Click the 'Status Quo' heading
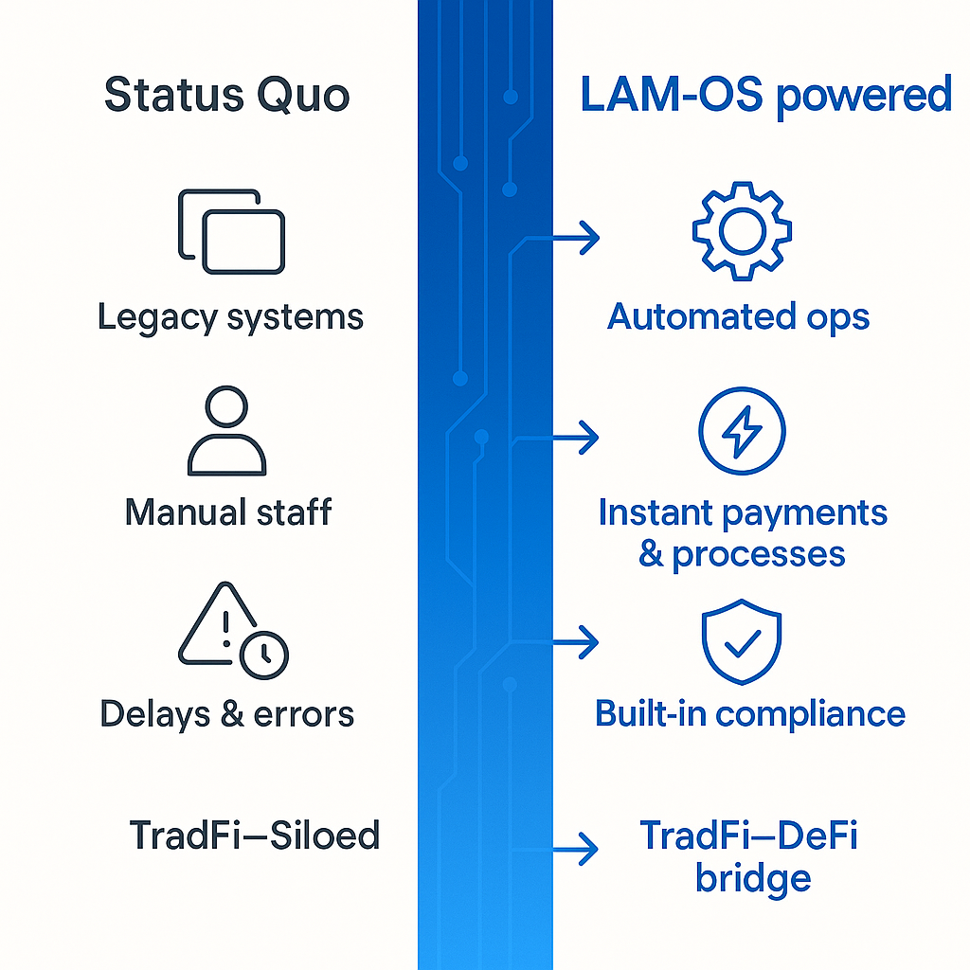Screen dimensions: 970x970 (x=226, y=96)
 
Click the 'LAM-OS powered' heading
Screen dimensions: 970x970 (x=765, y=96)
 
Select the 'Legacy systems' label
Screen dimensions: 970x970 (x=230, y=317)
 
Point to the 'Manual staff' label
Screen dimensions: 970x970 (x=228, y=512)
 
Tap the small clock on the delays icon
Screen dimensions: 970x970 (x=264, y=655)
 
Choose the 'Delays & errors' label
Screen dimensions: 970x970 (x=227, y=713)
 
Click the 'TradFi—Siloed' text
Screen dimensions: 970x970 (x=254, y=835)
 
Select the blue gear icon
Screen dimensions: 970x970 (x=742, y=231)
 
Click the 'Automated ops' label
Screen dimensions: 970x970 (x=738, y=316)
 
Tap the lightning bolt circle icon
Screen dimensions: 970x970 (x=742, y=432)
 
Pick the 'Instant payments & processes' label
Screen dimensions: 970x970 (x=743, y=532)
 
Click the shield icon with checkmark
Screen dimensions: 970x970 (x=741, y=641)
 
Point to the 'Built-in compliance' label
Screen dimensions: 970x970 (x=749, y=713)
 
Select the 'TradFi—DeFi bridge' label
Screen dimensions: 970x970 (x=748, y=857)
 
